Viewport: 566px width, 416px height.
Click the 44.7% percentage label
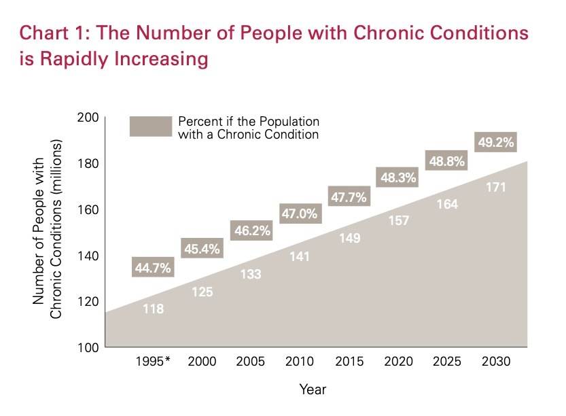click(x=153, y=268)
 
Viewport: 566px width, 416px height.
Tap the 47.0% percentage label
click(x=300, y=213)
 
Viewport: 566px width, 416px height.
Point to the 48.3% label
click(x=396, y=177)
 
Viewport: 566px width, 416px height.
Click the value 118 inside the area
click(x=153, y=309)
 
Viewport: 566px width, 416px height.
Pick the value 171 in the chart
click(x=496, y=187)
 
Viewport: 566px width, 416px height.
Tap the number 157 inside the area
click(x=396, y=221)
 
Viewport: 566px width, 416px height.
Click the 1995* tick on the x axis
click(x=153, y=361)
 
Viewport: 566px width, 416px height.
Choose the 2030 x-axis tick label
click(x=496, y=361)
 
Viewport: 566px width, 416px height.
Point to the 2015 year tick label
click(x=349, y=361)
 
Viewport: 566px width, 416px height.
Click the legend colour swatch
click(x=150, y=127)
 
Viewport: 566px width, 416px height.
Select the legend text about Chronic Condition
click(x=248, y=128)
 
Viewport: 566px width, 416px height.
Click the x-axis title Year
click(x=313, y=389)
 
